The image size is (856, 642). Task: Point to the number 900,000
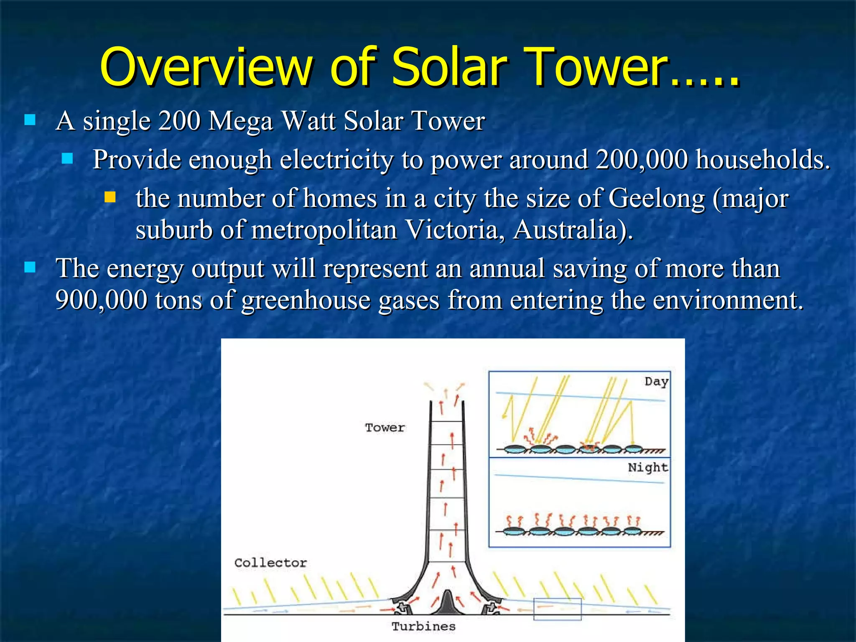[x=101, y=300]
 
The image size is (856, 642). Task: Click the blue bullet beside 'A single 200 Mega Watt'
[x=30, y=120]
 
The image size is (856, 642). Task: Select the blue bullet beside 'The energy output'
[x=30, y=267]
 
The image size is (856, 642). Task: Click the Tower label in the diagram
[x=385, y=428]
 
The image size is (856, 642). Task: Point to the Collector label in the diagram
[x=270, y=563]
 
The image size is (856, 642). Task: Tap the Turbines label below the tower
[x=423, y=627]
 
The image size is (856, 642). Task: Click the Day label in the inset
[x=656, y=382]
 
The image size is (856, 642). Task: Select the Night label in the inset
[x=647, y=467]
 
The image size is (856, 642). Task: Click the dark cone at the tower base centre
[x=448, y=603]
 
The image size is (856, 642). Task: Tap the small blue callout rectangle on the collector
[x=557, y=609]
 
